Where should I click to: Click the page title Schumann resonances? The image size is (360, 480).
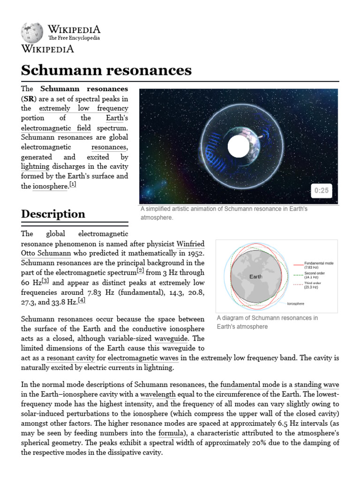tap(106, 70)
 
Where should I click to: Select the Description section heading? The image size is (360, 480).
tap(53, 214)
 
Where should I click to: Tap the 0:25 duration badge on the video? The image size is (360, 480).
tap(321, 190)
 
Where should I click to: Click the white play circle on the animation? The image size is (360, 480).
tap(239, 147)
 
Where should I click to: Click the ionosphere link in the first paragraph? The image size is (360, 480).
tap(50, 186)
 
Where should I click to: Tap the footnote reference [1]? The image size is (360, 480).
tap(73, 185)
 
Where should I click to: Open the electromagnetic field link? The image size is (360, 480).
tap(56, 128)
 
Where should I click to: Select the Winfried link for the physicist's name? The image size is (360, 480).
tap(190, 244)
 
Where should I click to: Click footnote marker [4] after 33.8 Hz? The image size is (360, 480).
tap(82, 300)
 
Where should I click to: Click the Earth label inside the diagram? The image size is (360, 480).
tap(256, 277)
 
